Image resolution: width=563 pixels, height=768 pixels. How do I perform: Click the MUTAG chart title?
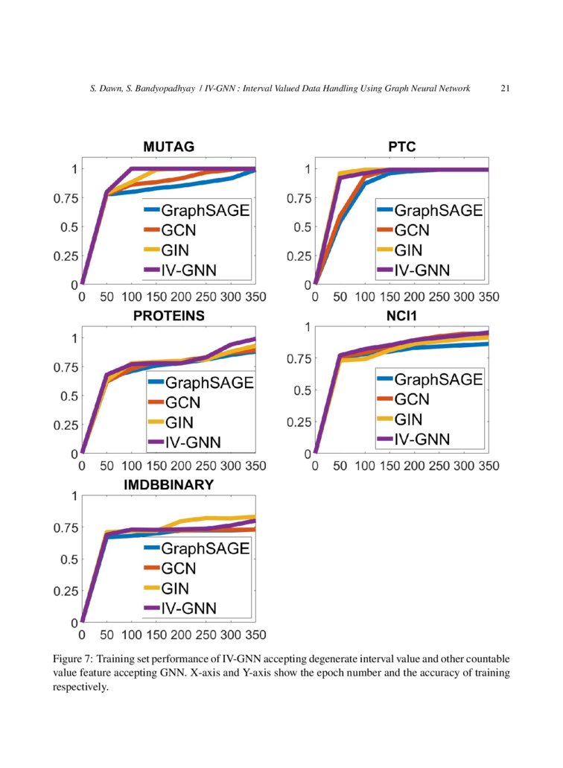coord(169,147)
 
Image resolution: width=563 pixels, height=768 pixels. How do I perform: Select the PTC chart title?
coord(401,147)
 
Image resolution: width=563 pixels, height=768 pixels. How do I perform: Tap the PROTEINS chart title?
coord(169,316)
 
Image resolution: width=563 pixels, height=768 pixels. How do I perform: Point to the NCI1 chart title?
coord(401,316)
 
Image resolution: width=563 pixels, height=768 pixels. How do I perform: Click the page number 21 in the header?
coord(505,89)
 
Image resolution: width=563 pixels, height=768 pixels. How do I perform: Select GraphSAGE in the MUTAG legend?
coord(205,210)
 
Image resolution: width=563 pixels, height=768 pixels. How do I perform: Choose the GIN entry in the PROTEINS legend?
coord(179,423)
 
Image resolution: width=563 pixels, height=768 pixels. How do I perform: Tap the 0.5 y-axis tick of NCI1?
coord(301,390)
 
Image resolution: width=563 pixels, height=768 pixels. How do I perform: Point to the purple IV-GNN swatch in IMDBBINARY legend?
coord(152,608)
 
